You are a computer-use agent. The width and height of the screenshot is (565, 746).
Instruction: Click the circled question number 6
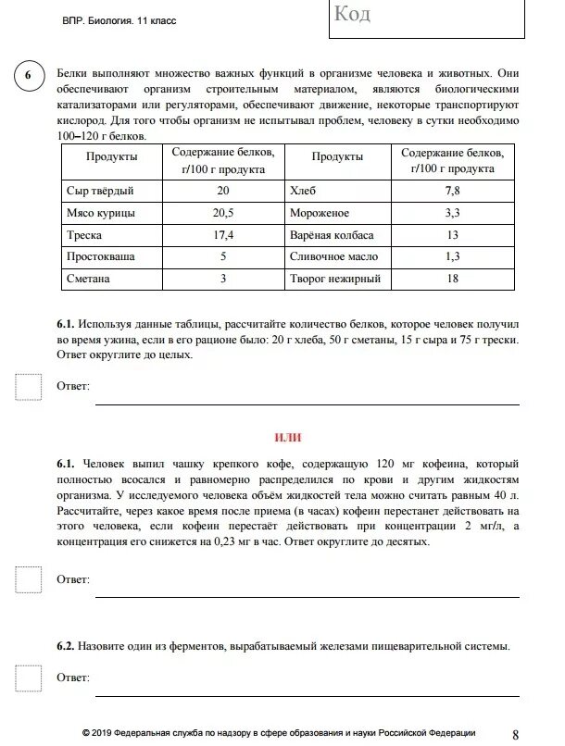point(27,76)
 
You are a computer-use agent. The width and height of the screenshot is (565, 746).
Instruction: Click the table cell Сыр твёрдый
point(101,191)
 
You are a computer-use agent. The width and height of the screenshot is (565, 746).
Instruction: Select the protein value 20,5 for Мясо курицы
point(222,213)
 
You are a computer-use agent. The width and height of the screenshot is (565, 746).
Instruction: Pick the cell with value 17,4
point(222,235)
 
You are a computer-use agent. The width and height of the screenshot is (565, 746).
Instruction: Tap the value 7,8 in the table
point(452,191)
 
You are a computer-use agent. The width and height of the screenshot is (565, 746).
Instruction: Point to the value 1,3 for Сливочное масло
point(452,256)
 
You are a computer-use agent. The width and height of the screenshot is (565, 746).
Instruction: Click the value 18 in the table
point(452,278)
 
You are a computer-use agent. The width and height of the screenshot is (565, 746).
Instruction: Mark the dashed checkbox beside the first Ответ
point(29,386)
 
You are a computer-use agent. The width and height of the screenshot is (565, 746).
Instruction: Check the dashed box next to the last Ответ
point(29,678)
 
